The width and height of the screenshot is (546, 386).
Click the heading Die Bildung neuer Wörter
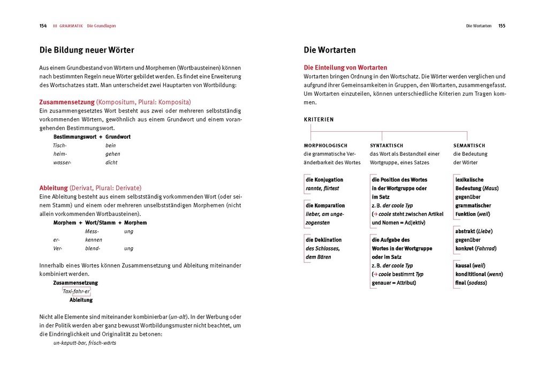[x=87, y=50]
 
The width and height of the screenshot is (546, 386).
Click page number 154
[x=43, y=26]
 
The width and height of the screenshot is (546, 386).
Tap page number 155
[x=502, y=26]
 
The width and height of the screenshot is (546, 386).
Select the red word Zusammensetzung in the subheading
[x=67, y=102]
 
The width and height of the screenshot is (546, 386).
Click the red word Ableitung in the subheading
[x=54, y=188]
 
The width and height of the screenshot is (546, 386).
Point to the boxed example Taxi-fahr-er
[x=76, y=291]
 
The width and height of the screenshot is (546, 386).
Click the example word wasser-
[x=62, y=162]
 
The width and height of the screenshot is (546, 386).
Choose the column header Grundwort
[x=118, y=137]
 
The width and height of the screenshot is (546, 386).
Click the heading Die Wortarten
[x=330, y=50]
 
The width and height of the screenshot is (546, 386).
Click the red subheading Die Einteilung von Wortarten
[x=345, y=67]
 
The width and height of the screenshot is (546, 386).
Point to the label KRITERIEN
[x=318, y=119]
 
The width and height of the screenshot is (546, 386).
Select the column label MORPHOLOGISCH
[x=325, y=145]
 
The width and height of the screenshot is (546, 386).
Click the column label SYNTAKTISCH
[x=386, y=145]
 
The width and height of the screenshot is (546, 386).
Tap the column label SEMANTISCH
[x=469, y=145]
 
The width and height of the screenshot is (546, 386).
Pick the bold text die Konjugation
[x=324, y=179]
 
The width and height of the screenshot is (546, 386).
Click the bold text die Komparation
[x=325, y=205]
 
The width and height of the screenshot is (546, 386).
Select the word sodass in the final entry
[x=476, y=283]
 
